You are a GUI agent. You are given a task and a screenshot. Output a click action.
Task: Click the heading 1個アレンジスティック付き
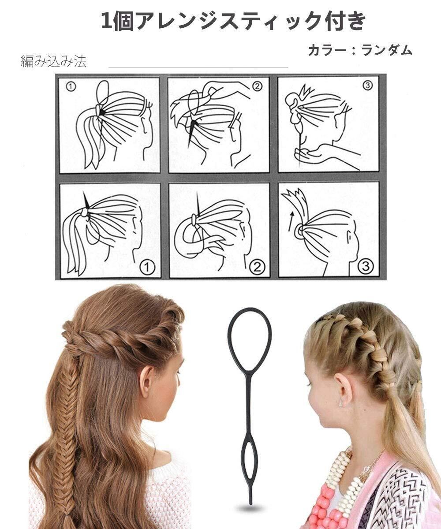pos(233,22)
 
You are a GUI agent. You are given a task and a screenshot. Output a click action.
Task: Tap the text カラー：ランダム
pos(360,50)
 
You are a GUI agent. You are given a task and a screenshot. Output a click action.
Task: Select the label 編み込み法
pos(54,62)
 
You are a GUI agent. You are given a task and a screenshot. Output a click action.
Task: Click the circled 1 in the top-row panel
pos(71,87)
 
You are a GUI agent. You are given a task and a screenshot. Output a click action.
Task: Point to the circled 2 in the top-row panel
pos(257,87)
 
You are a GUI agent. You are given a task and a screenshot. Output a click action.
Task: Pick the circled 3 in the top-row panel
pos(367,86)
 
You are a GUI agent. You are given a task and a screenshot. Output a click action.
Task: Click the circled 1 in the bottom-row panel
pos(147,267)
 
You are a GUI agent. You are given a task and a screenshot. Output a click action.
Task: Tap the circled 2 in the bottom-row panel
pos(257,267)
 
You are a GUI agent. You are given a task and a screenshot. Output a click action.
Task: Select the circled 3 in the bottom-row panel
pos(366,266)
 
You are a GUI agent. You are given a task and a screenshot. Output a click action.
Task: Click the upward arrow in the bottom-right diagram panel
pos(291,221)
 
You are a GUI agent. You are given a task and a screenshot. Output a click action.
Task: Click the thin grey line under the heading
pos(198,67)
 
